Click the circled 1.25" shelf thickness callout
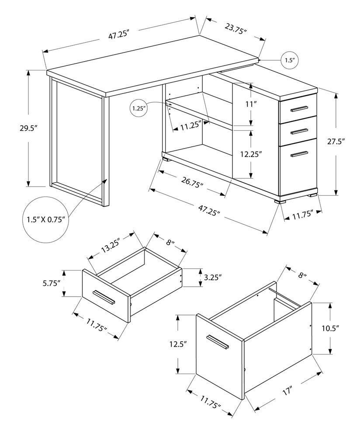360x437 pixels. pos(139,108)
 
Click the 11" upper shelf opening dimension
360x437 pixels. pos(262,104)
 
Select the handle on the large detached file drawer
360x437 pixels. pos(218,341)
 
